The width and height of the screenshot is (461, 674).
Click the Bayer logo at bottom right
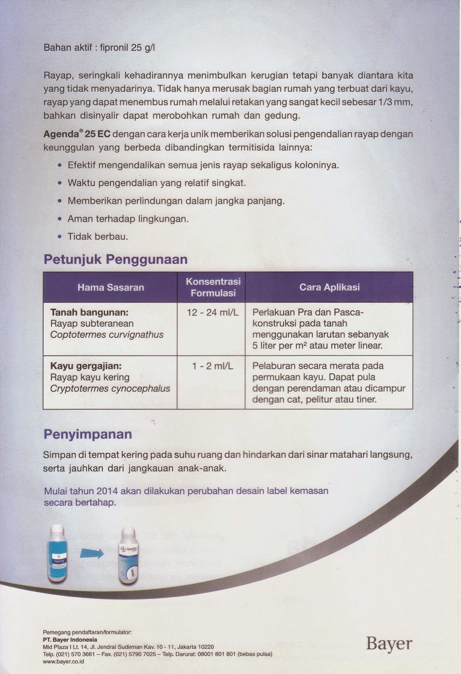[x=389, y=644]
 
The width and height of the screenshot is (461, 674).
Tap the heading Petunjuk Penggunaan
[x=115, y=259]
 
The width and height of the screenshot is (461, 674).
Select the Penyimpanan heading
[x=88, y=434]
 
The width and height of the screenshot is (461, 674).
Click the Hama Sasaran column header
[x=110, y=287]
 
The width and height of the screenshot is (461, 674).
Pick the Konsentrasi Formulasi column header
[x=213, y=287]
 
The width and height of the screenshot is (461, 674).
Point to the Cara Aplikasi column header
[x=329, y=287]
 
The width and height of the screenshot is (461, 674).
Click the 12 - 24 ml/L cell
[x=212, y=313]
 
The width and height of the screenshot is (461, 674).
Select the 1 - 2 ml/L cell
[x=212, y=366]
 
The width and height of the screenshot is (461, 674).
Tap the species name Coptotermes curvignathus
[x=107, y=335]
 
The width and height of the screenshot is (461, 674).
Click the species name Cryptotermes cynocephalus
[x=110, y=388]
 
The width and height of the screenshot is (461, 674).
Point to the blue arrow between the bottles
[x=92, y=553]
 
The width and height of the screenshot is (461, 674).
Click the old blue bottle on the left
[x=58, y=553]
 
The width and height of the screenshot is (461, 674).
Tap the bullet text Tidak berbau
[x=98, y=237]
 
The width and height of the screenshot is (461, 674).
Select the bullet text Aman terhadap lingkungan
[x=128, y=219]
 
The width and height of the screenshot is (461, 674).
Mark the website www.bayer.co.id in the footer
[x=63, y=661]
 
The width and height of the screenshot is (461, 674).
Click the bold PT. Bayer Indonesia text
[x=70, y=639]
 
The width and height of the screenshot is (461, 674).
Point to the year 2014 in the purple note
[x=107, y=491]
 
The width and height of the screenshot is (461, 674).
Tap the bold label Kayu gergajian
[x=86, y=366]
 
